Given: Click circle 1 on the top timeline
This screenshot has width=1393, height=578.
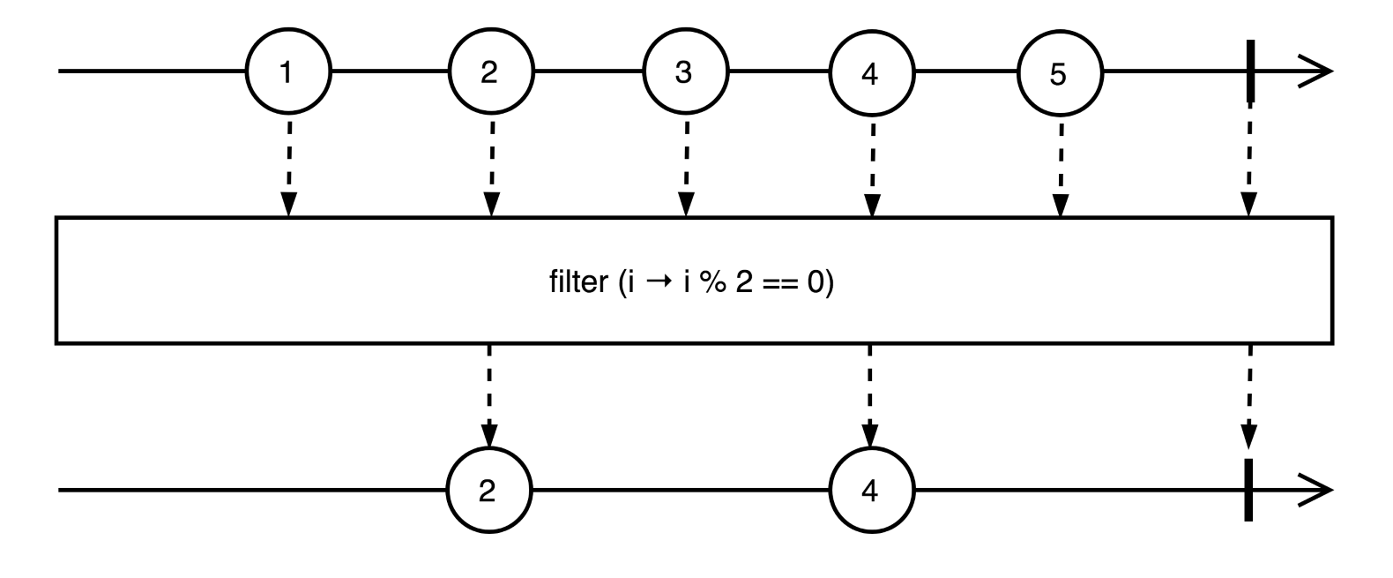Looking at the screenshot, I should (x=287, y=72).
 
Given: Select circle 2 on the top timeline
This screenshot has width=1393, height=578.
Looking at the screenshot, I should (x=490, y=72).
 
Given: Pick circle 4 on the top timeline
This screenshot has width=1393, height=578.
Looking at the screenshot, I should (x=870, y=72).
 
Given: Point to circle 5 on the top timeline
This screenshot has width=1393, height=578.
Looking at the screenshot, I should (x=1059, y=72).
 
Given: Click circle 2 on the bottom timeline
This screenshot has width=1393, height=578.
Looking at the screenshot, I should (x=488, y=491).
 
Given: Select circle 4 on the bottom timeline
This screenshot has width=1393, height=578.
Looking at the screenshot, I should (x=870, y=491).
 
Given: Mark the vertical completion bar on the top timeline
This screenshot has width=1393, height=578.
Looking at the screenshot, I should (x=1249, y=71).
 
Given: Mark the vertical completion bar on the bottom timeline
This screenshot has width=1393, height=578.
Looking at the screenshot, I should (x=1248, y=490).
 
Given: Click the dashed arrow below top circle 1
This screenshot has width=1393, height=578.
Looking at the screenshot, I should (x=287, y=168).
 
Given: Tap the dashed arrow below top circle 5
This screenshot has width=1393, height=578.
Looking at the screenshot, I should (x=1061, y=168).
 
